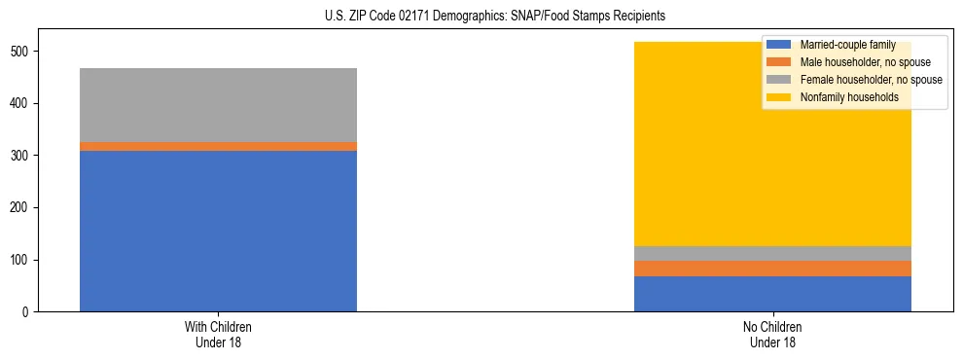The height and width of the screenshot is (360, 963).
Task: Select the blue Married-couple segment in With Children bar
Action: coord(218,231)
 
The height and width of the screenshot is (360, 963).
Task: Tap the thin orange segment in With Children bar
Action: coord(218,146)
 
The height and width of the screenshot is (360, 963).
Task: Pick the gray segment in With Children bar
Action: coord(218,105)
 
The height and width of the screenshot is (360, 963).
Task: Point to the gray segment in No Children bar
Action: coord(772,253)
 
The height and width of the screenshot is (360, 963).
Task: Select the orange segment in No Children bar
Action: coord(772,269)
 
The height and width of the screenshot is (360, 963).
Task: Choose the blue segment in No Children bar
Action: coord(772,294)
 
